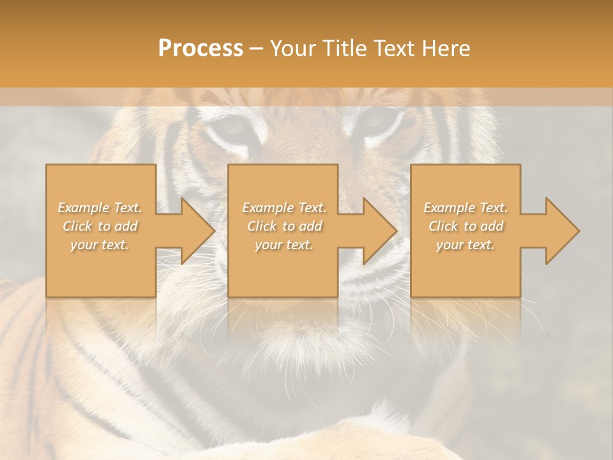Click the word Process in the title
pos(201,49)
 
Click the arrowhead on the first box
pos(195,231)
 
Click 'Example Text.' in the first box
pos(100,208)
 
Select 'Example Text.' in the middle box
pos(284,208)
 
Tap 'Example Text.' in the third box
pos(465,208)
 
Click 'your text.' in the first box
pos(100,245)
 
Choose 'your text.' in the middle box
pos(284,245)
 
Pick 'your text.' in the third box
pos(465,245)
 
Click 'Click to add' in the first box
pos(100,226)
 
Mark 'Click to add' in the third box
pos(465,226)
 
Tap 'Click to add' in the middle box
pos(284,226)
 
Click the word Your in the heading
pos(291,49)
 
